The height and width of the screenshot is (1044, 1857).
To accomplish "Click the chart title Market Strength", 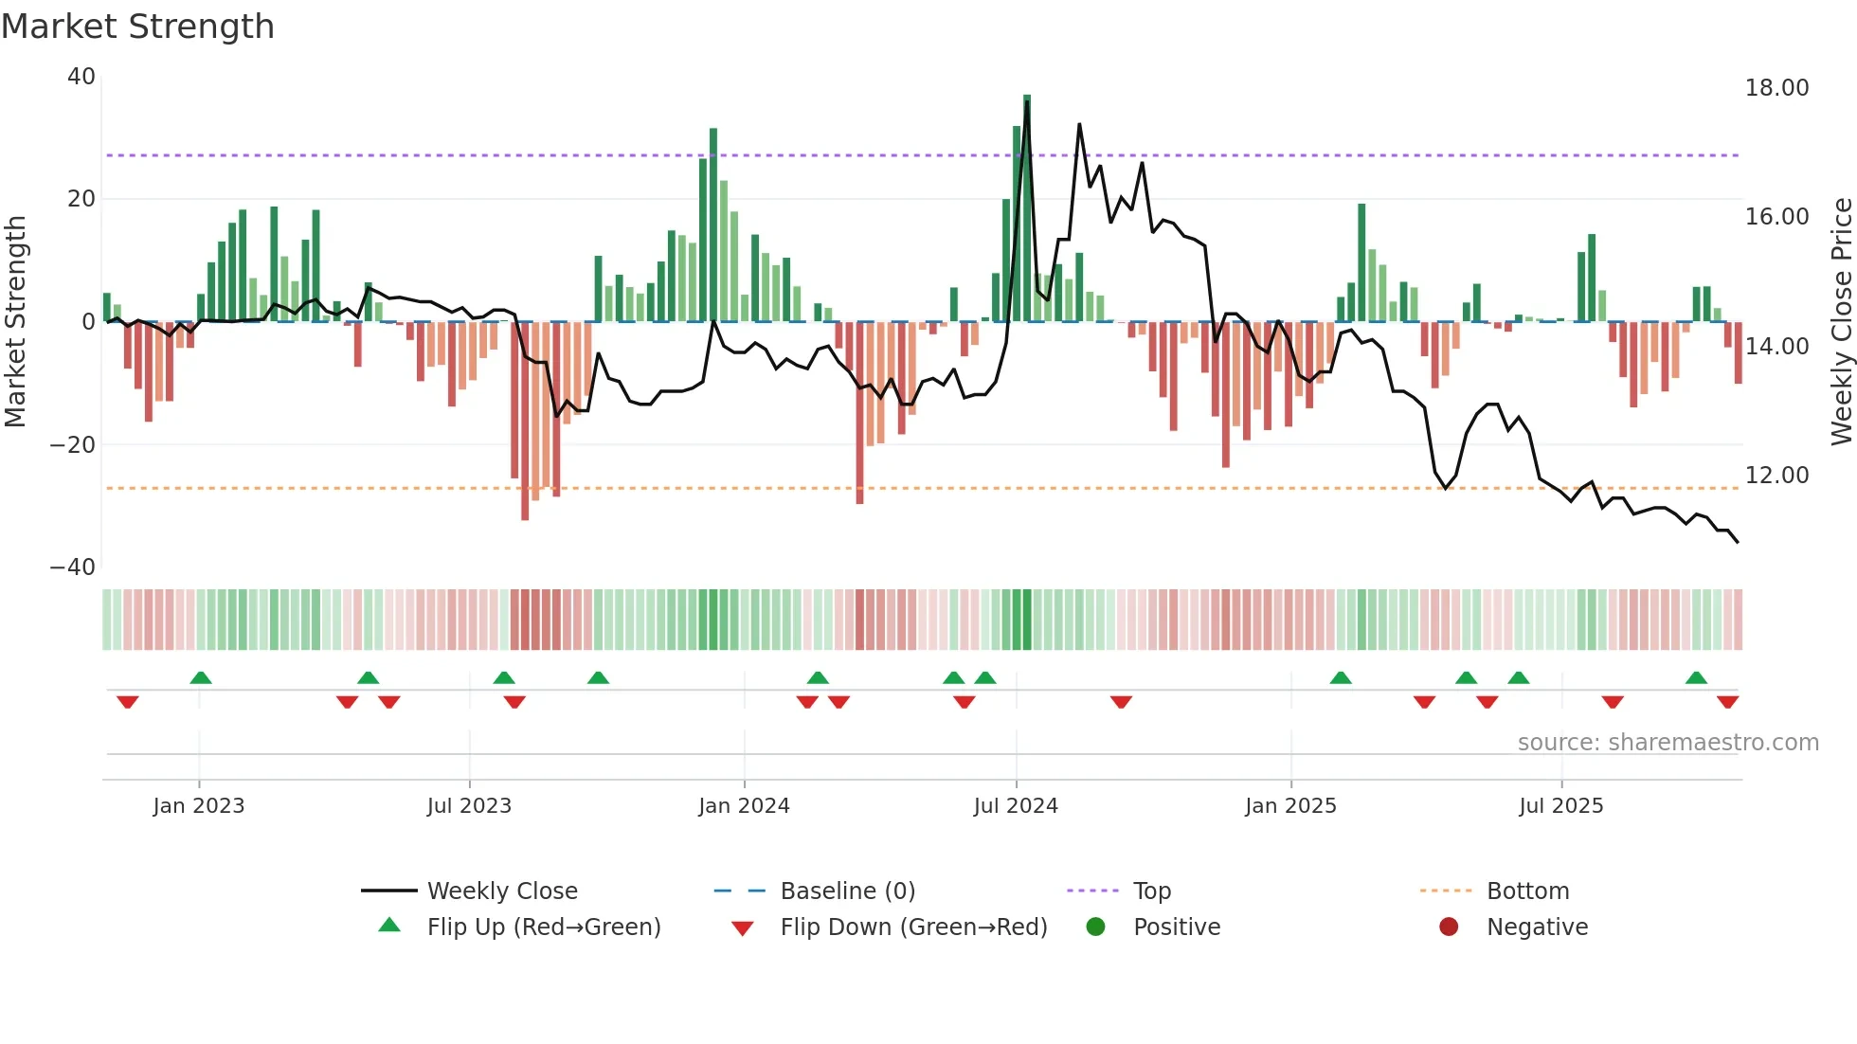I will (138, 27).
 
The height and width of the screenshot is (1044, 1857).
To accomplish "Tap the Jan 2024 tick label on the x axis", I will (744, 806).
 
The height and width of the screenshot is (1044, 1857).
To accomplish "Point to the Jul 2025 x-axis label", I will (1560, 806).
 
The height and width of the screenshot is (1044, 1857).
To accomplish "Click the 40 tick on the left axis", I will (81, 77).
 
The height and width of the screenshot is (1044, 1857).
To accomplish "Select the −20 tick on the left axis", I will (73, 445).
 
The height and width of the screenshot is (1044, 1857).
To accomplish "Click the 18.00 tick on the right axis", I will (1776, 88).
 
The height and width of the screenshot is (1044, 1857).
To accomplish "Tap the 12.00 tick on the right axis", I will (1776, 476).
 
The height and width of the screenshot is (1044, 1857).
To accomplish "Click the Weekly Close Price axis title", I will (1841, 322).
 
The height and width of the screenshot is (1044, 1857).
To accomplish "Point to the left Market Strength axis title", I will (16, 322).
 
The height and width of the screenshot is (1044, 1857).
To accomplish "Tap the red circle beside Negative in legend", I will (1448, 927).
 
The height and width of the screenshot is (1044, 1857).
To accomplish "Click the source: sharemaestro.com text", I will (1668, 743).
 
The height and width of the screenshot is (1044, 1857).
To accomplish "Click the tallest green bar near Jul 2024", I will (1027, 208).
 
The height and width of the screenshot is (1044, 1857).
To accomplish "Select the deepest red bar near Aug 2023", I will (525, 421).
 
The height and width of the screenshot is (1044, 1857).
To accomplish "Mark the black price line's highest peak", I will (1027, 102).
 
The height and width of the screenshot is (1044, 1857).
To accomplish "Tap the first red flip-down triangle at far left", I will (128, 702).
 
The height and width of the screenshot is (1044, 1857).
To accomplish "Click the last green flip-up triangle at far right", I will (1696, 677).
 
